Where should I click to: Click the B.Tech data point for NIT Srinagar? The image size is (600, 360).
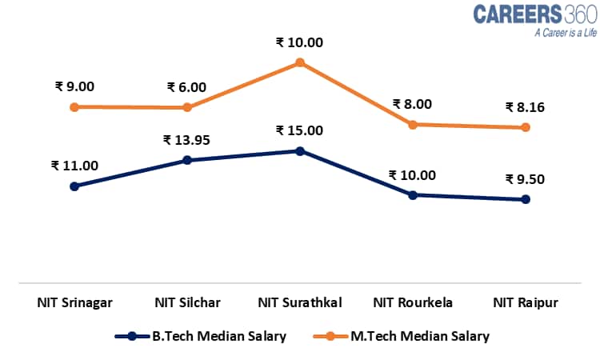tap(74, 186)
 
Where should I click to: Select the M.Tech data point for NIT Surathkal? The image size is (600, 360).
tap(300, 62)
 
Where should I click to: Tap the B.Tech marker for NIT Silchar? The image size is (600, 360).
tap(187, 160)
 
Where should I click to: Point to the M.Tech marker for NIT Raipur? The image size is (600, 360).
tap(526, 127)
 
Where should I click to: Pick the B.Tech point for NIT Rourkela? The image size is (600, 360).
tap(413, 194)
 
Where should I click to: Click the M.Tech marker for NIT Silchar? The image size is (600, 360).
tap(187, 107)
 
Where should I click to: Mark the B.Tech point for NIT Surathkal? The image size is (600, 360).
tap(300, 150)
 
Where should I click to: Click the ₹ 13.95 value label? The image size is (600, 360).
tap(187, 140)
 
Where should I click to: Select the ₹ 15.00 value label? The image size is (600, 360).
tap(299, 130)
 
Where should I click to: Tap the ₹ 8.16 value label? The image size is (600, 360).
tap(525, 106)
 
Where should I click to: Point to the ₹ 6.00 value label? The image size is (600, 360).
tap(186, 87)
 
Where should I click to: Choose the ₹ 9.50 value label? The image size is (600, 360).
tap(525, 179)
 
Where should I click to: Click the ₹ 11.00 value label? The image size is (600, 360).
tap(74, 166)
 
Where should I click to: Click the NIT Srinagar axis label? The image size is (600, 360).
tap(74, 302)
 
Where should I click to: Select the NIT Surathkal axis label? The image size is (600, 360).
tap(300, 302)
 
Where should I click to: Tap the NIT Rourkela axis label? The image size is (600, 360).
tap(413, 302)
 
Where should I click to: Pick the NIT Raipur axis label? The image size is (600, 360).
tap(526, 302)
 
